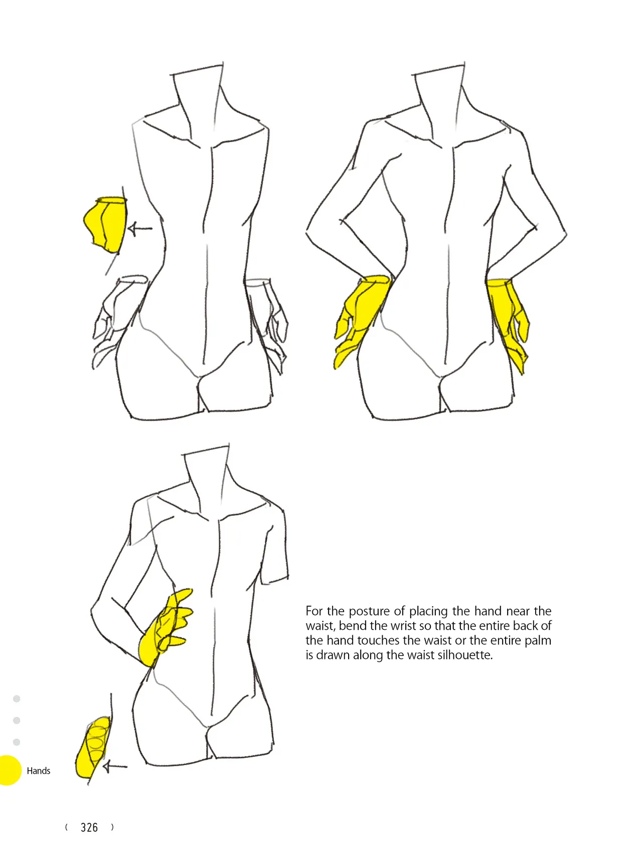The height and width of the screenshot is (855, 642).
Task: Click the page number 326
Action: point(89,827)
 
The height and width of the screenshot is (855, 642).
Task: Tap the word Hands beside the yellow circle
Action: point(39,771)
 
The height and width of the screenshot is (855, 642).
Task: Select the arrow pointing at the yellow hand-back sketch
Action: point(140,229)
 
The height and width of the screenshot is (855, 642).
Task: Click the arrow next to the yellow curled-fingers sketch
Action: point(115,766)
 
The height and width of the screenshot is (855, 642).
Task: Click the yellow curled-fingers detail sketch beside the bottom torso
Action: point(93,748)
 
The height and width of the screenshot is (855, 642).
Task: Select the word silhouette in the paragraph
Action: point(465,655)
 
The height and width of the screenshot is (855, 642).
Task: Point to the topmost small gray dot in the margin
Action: point(17,698)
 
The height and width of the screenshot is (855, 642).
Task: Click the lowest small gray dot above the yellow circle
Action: point(17,742)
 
